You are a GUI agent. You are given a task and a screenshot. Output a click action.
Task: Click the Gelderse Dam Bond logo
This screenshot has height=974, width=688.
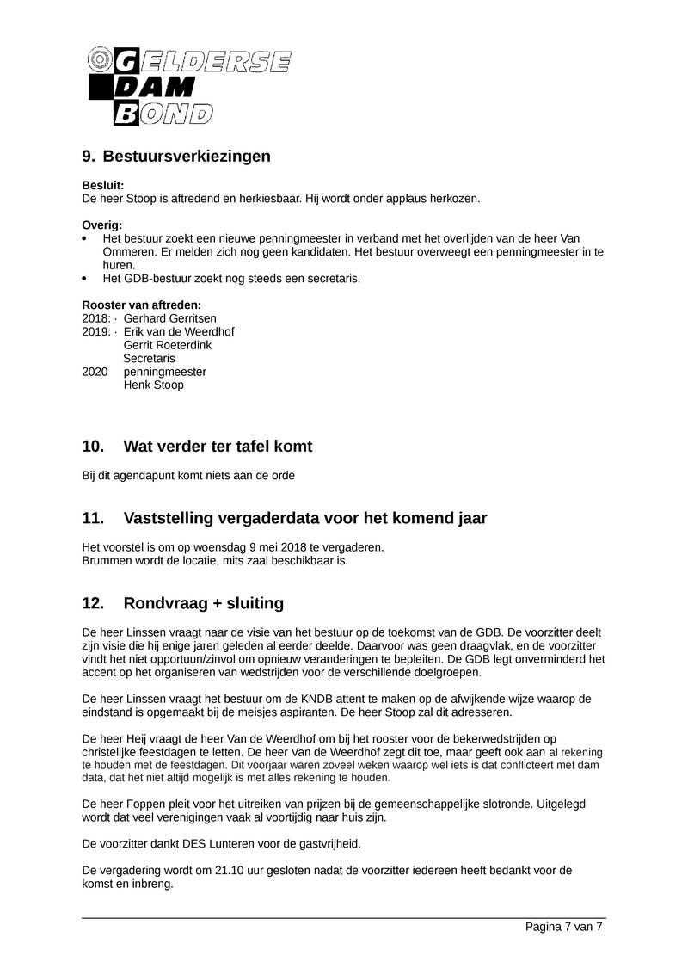190,86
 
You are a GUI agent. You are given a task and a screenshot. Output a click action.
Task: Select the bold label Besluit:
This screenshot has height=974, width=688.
102,185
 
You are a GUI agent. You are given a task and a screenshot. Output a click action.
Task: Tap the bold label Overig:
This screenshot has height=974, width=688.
101,225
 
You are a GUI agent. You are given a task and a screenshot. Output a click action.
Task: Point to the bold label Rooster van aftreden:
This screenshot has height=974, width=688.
142,305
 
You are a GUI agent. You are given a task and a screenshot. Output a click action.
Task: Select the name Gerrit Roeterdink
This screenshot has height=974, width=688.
168,345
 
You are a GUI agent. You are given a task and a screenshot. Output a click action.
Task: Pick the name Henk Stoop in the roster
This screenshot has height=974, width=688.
154,385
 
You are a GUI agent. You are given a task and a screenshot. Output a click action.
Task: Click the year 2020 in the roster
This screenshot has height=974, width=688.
95,372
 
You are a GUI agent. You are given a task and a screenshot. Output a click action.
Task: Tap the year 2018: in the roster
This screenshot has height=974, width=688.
96,318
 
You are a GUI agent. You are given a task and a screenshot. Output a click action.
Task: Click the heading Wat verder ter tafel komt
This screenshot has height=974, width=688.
218,447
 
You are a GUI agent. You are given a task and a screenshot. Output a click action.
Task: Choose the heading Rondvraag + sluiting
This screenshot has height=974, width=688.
203,602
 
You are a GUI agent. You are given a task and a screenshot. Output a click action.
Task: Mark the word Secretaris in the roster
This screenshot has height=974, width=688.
149,358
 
